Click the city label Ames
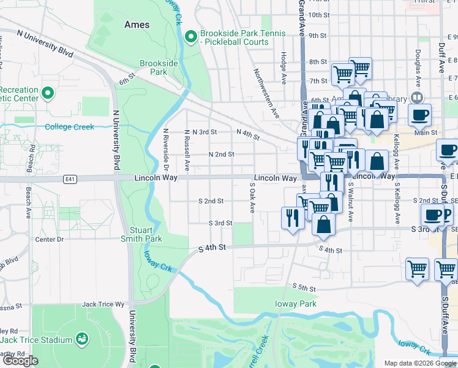pos(137,25)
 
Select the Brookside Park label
pos(158,67)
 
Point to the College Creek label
pos(69,127)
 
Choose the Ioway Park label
pos(296,304)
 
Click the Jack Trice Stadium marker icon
pos(81,339)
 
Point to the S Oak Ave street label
pos(252,197)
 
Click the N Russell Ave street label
pos(187,150)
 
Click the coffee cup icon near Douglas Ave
pos(420,115)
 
